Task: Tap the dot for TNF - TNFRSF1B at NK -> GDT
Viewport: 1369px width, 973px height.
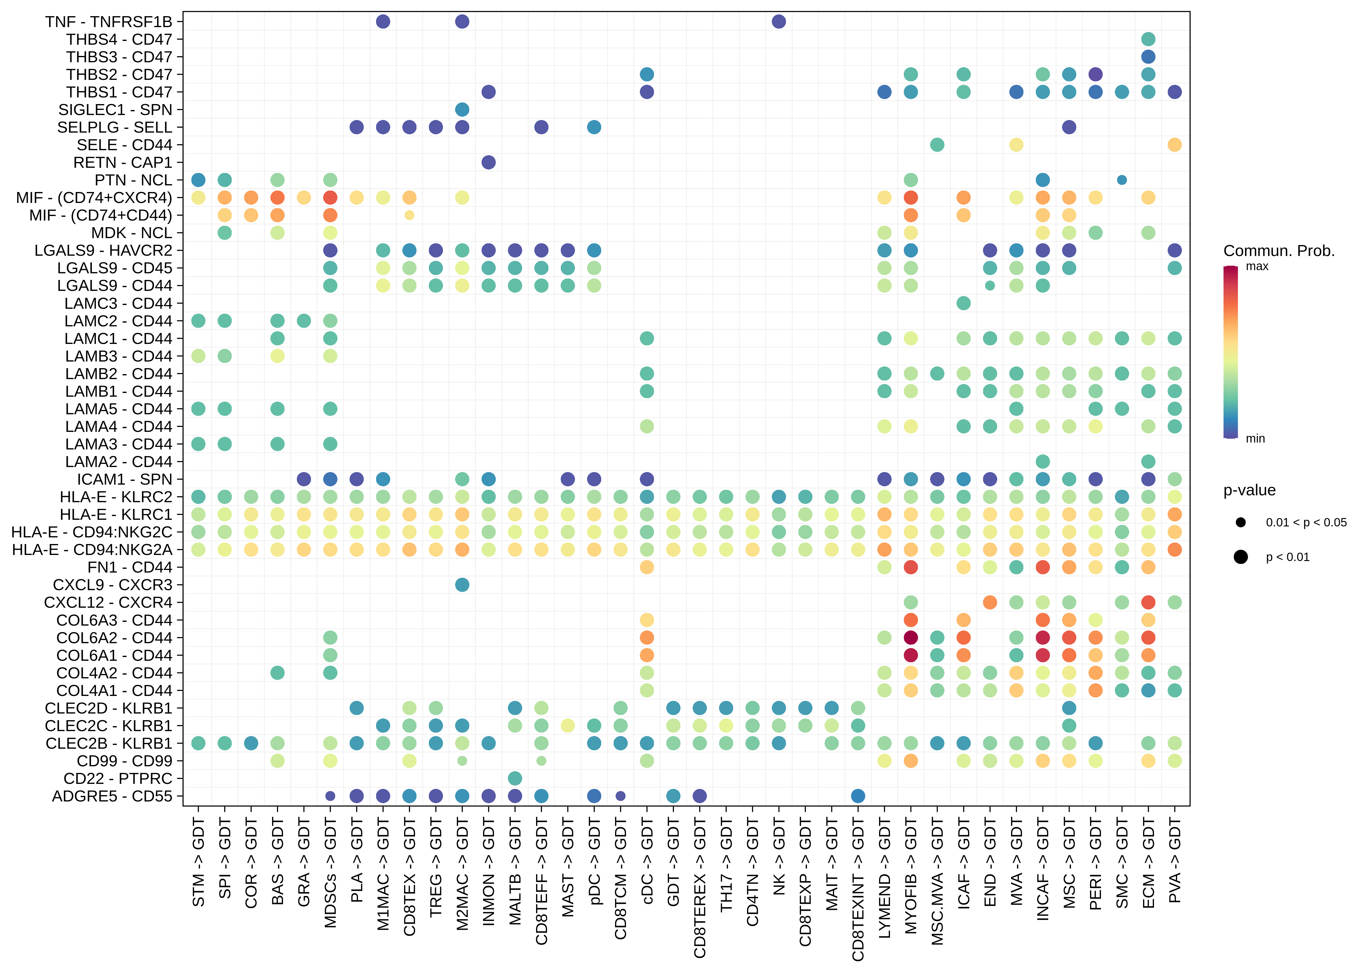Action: tap(778, 22)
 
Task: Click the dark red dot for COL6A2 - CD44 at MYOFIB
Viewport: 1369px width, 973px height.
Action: tap(911, 637)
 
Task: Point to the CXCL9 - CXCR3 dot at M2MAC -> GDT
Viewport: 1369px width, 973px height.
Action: tap(462, 585)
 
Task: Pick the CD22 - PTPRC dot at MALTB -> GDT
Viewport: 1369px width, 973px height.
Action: tap(514, 778)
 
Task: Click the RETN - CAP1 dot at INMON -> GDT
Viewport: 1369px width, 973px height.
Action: tap(488, 162)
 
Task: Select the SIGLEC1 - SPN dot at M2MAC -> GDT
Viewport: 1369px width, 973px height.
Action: tap(462, 110)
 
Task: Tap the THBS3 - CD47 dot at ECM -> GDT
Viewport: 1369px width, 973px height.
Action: tap(1148, 57)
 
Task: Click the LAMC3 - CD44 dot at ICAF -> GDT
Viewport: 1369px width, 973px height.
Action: tap(963, 303)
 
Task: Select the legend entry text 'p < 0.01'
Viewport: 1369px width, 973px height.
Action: tap(1287, 557)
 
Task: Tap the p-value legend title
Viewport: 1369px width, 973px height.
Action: tap(1249, 490)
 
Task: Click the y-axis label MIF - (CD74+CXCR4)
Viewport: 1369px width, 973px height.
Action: tap(94, 198)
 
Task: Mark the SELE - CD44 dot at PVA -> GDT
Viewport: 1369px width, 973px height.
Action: tap(1174, 145)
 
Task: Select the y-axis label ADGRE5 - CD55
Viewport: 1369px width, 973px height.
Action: tap(112, 796)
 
